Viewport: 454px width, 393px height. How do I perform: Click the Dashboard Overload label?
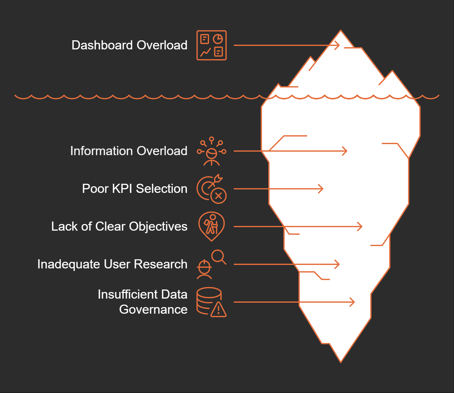pyautogui.click(x=129, y=45)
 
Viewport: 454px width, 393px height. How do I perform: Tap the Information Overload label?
pyautogui.click(x=129, y=151)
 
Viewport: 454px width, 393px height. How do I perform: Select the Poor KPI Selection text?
pyautogui.click(x=134, y=189)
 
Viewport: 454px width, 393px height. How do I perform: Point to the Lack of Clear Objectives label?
pyautogui.click(x=119, y=227)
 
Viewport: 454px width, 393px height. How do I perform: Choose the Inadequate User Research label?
pyautogui.click(x=112, y=264)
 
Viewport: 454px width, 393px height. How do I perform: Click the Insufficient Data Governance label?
pyautogui.click(x=143, y=302)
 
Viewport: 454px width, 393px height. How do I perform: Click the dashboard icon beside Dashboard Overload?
pyautogui.click(x=212, y=45)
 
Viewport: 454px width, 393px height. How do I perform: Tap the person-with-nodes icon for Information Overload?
pyautogui.click(x=212, y=152)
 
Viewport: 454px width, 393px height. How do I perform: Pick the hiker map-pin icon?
pyautogui.click(x=212, y=226)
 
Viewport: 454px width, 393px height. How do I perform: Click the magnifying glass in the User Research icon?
pyautogui.click(x=218, y=256)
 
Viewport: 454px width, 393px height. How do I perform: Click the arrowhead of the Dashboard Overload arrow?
pyautogui.click(x=338, y=45)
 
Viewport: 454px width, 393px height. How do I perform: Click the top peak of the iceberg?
pyautogui.click(x=341, y=31)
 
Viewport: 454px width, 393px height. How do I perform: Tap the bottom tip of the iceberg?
pyautogui.click(x=341, y=361)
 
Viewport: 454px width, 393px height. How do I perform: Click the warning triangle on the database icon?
pyautogui.click(x=218, y=310)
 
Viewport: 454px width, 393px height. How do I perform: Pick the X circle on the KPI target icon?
pyautogui.click(x=218, y=196)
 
